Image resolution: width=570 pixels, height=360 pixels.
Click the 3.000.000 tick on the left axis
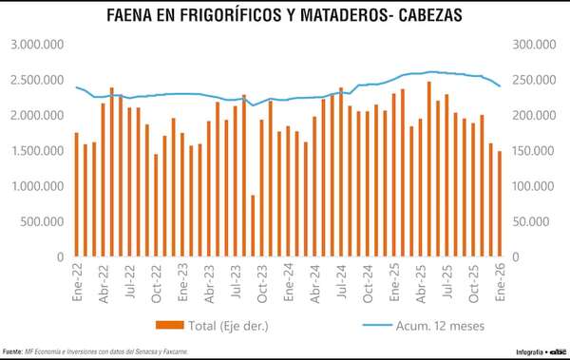(x=36, y=45)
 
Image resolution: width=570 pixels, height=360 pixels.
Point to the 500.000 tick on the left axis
(x=41, y=221)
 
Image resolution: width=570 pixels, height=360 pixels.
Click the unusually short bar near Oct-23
(x=253, y=226)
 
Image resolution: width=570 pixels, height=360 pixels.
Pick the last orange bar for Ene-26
(x=500, y=204)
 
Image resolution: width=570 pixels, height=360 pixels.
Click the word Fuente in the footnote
(x=12, y=352)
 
